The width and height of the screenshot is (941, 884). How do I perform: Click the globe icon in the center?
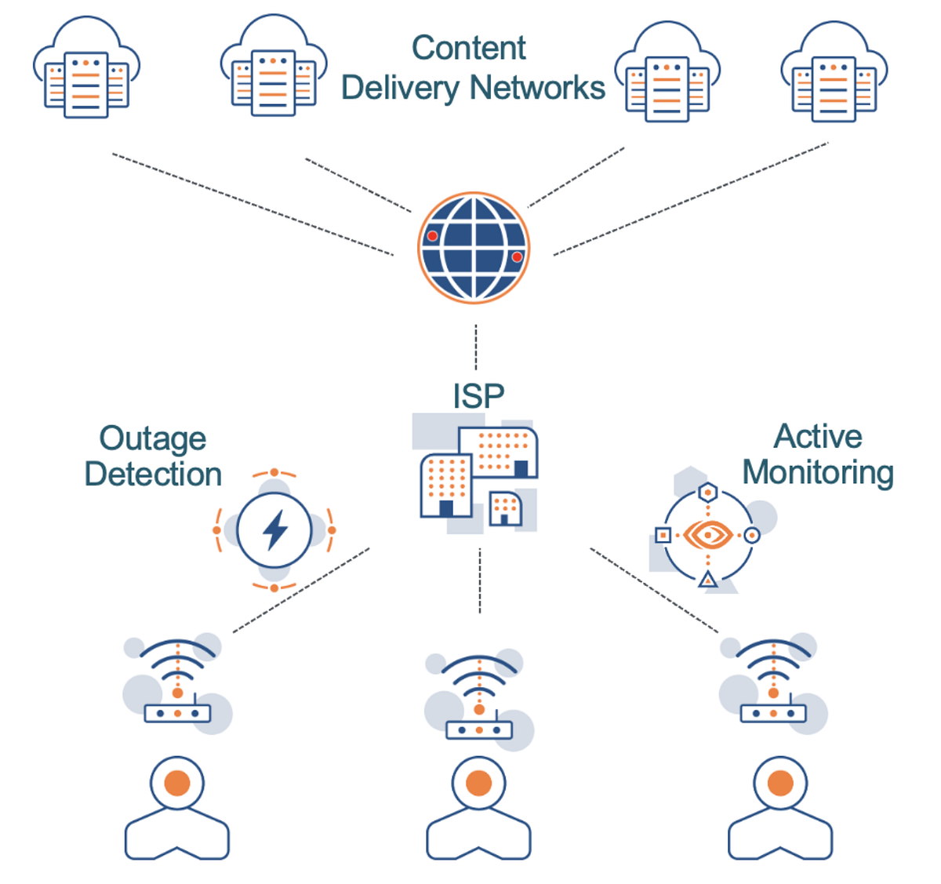coord(474,248)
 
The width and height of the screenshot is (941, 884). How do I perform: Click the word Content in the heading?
coord(468,48)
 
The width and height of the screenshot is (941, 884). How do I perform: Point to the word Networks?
coord(539,88)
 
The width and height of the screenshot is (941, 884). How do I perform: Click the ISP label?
coord(478,396)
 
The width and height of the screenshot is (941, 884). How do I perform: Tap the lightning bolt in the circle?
coord(274,530)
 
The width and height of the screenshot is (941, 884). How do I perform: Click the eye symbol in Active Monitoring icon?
coord(708,536)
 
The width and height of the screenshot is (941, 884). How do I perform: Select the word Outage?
coord(153,438)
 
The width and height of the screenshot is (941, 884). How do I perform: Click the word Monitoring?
coord(818,472)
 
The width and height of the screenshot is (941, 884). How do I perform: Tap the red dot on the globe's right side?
coord(517,256)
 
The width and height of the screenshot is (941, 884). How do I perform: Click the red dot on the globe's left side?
coord(432,235)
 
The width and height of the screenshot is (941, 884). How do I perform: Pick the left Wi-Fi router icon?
coord(178,682)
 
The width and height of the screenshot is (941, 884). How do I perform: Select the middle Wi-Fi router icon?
coord(479,698)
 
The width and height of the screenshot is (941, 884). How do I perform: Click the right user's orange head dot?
coord(779,783)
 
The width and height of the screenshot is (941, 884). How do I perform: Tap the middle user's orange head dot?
coord(478,783)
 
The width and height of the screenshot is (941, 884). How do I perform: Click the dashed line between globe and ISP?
coord(476,347)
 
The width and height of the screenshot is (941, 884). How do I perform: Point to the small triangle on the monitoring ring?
coord(708,580)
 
